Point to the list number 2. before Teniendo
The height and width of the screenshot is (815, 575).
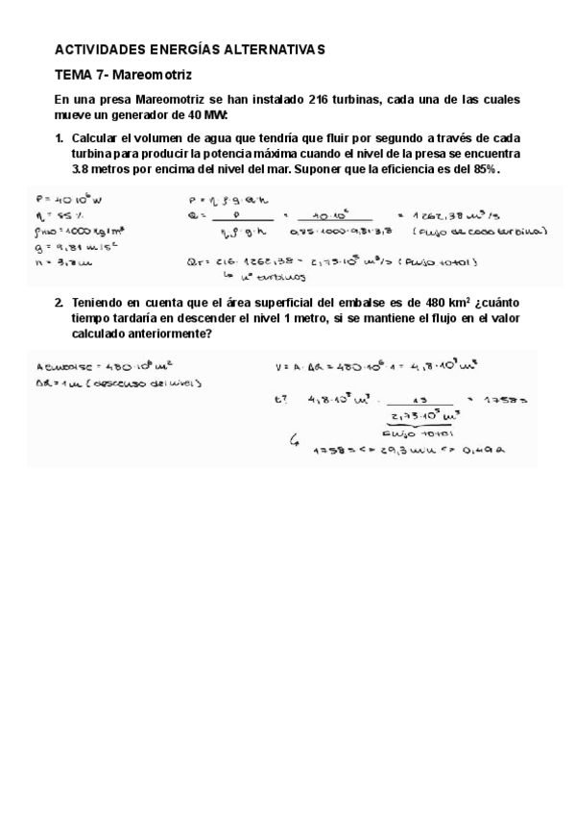pyautogui.click(x=60, y=303)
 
